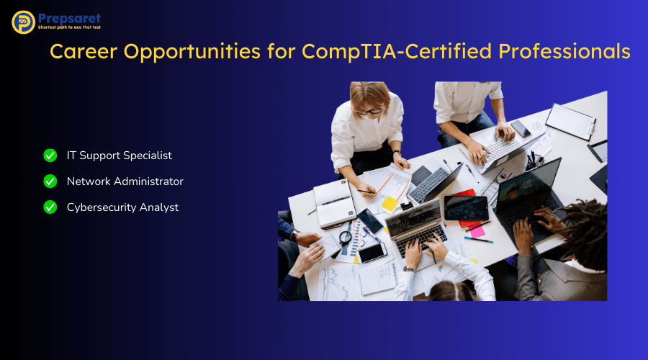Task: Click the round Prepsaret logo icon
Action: (x=23, y=22)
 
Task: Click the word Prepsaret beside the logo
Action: (x=69, y=18)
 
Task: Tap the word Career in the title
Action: (x=84, y=51)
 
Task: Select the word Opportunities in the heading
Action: (x=192, y=52)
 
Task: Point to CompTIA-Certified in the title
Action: (x=396, y=52)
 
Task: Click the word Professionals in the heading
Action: (x=564, y=52)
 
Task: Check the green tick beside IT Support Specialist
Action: (x=50, y=156)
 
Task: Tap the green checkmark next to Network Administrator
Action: (x=50, y=181)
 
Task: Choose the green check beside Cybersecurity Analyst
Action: (x=50, y=207)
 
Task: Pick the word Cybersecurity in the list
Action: (x=102, y=207)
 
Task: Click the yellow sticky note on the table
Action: (x=390, y=203)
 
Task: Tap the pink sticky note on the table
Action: (x=477, y=231)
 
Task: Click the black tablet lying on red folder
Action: (x=466, y=208)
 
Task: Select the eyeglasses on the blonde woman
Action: (x=369, y=112)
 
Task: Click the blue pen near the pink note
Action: (x=479, y=240)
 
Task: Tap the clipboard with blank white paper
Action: (x=570, y=122)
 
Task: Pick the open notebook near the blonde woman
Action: (x=335, y=203)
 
